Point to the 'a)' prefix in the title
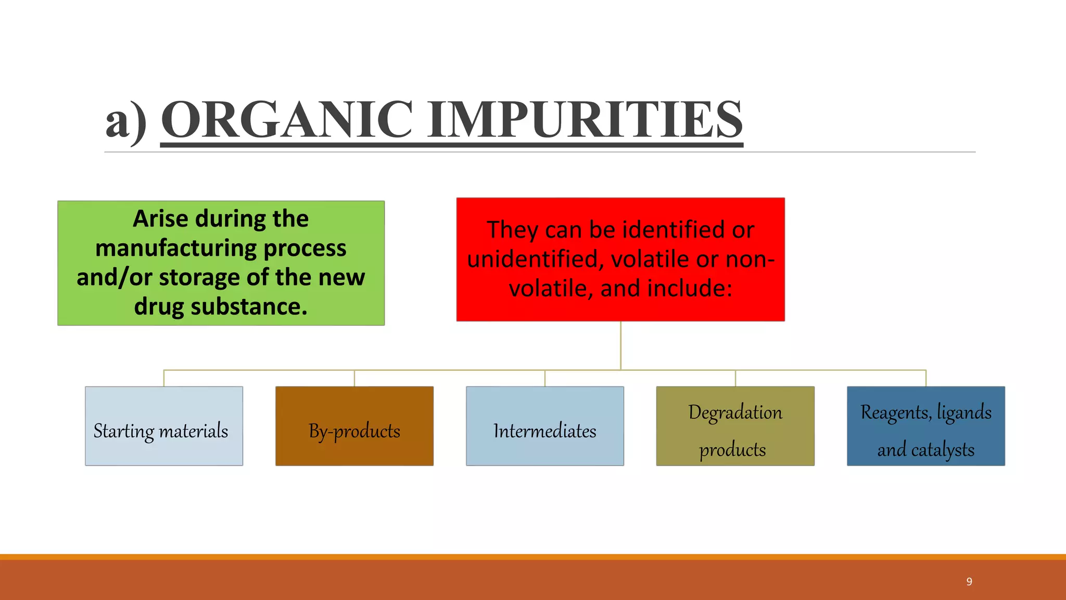pyautogui.click(x=125, y=121)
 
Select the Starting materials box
pyautogui.click(x=164, y=426)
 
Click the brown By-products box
pyautogui.click(x=354, y=426)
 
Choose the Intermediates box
pyautogui.click(x=545, y=426)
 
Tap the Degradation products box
pyautogui.click(x=735, y=426)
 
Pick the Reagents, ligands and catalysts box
pyautogui.click(x=925, y=426)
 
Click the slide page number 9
pyautogui.click(x=969, y=582)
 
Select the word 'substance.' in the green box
pyautogui.click(x=249, y=307)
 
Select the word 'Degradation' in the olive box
pyautogui.click(x=735, y=413)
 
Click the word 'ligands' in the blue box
pyautogui.click(x=964, y=413)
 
